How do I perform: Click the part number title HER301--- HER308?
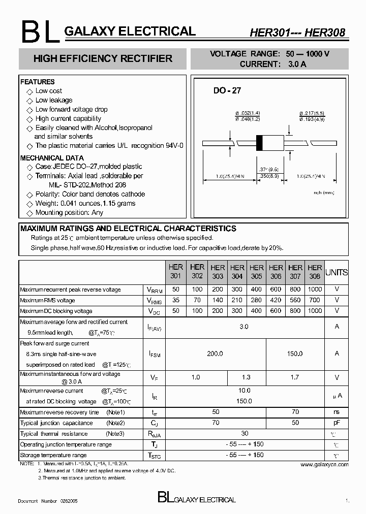[297, 33]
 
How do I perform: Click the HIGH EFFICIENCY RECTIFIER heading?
[103, 58]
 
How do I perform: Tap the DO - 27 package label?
[227, 91]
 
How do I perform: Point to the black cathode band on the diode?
[259, 143]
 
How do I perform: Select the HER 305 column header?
[256, 272]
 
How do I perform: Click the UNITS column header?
[337, 272]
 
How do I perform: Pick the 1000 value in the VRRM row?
[315, 290]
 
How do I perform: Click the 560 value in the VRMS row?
[295, 300]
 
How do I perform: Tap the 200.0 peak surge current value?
[216, 354]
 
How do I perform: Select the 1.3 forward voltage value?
[247, 377]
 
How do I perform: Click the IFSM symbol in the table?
[154, 354]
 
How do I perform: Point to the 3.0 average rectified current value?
[244, 327]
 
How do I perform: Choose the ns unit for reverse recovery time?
[337, 412]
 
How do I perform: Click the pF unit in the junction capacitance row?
[337, 423]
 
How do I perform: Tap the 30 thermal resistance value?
[245, 433]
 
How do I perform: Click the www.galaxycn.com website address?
[324, 464]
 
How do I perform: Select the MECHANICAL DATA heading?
[52, 158]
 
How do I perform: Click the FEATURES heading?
[37, 82]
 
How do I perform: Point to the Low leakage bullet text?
[54, 100]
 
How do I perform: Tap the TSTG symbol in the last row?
[154, 456]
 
